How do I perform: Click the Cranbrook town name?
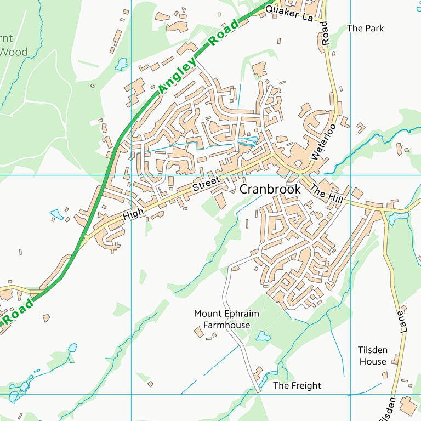(x=270, y=189)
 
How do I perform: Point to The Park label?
(x=365, y=28)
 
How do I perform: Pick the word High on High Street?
(x=133, y=213)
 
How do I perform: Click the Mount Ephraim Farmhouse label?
(x=226, y=319)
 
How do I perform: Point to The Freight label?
(x=297, y=386)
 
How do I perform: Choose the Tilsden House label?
(x=372, y=356)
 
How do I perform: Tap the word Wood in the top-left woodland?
(x=13, y=53)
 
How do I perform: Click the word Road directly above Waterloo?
(x=325, y=33)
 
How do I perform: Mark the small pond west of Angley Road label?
(x=121, y=64)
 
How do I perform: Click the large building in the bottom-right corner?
(x=409, y=406)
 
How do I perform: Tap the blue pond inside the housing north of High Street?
(x=248, y=141)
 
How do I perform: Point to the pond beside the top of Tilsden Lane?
(x=395, y=219)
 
